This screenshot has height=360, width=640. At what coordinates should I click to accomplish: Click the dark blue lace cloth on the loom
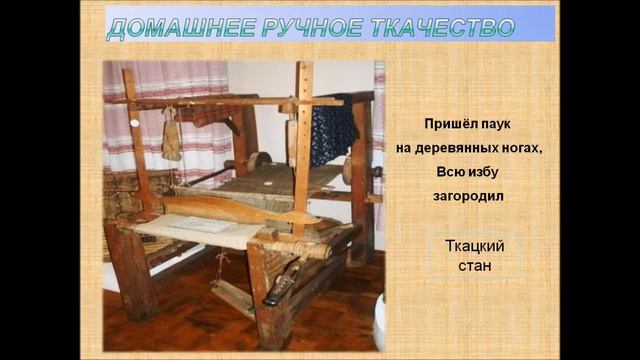(333, 130)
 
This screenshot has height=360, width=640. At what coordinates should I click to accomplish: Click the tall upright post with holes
(300, 140)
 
